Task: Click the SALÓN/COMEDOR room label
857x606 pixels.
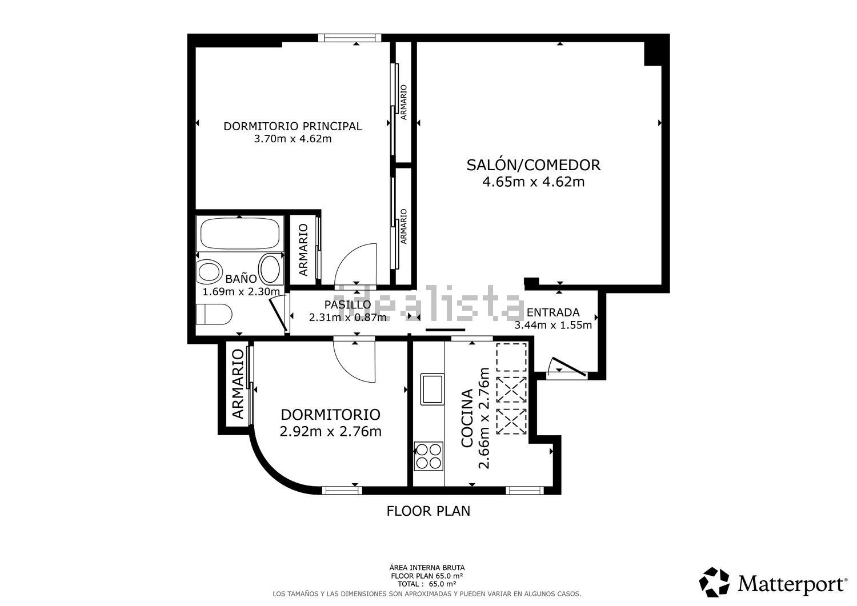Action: click(x=533, y=165)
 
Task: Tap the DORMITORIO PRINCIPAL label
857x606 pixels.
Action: click(x=293, y=126)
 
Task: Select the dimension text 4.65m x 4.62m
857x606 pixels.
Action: click(x=533, y=182)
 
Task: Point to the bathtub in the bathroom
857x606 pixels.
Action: click(x=240, y=233)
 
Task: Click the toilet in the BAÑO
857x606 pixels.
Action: click(x=214, y=315)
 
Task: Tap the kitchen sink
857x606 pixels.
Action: click(x=432, y=389)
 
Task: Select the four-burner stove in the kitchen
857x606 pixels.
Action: click(x=428, y=456)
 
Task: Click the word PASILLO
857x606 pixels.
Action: click(x=347, y=304)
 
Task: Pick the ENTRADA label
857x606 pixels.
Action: click(x=552, y=312)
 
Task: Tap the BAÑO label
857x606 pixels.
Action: click(x=241, y=279)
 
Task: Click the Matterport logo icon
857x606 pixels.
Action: click(x=714, y=582)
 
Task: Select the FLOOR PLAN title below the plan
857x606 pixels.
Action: click(x=428, y=511)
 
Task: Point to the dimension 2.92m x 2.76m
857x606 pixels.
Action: click(x=330, y=432)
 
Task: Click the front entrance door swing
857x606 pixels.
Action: click(x=566, y=367)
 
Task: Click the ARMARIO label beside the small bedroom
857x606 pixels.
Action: click(x=238, y=384)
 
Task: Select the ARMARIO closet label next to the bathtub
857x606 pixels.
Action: click(x=303, y=249)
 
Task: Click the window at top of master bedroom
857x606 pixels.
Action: click(x=350, y=38)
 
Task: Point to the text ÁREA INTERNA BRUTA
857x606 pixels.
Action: click(x=427, y=568)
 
